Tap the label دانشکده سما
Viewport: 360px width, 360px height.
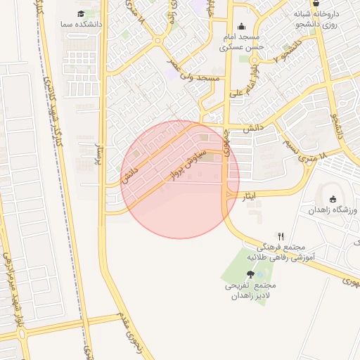click(84, 24)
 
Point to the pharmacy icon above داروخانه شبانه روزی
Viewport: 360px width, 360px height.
click(316, 4)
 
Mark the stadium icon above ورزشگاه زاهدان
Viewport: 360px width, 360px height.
click(333, 199)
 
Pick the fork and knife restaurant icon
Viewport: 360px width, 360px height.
click(281, 236)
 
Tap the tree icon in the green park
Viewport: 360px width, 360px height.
click(250, 275)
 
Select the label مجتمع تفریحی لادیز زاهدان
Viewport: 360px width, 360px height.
click(250, 291)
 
